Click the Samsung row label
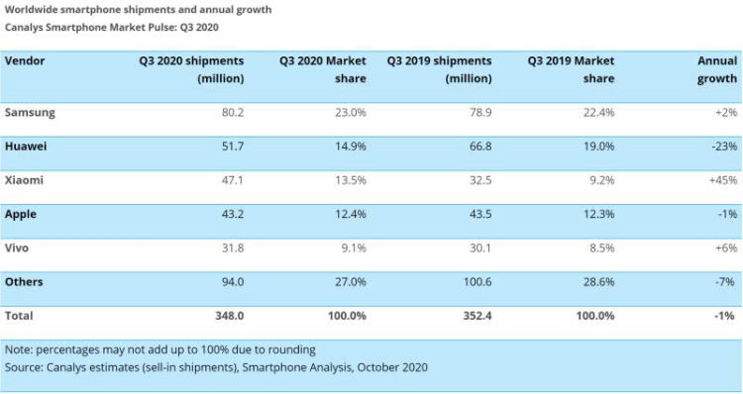point(30,113)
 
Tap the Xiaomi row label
point(25,180)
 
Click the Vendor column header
point(25,61)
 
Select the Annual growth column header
point(716,69)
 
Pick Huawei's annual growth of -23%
point(721,147)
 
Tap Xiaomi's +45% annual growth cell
point(720,180)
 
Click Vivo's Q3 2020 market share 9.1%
point(354,247)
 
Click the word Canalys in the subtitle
point(27,27)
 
